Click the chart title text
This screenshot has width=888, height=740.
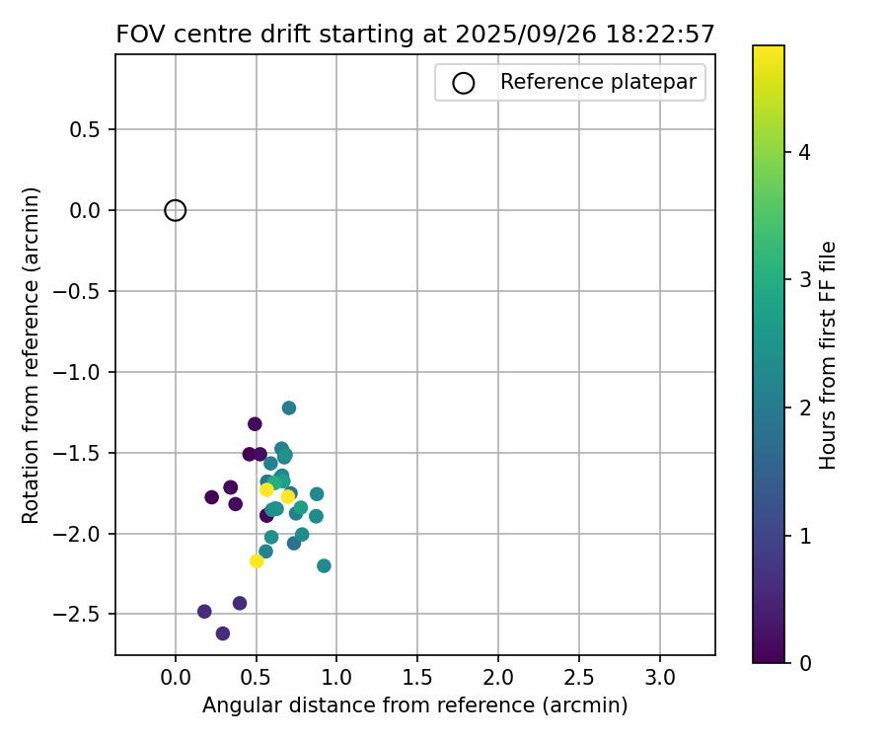point(414,35)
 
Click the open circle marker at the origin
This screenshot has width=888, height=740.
point(176,210)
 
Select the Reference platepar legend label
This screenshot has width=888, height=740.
point(598,83)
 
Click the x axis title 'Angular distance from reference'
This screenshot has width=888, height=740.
point(414,706)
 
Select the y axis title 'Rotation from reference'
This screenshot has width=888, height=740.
point(32,354)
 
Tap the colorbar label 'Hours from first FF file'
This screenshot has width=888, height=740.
point(828,354)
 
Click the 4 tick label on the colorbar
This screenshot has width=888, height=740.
point(804,152)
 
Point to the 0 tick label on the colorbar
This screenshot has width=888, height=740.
point(804,662)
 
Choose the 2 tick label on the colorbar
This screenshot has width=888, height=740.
point(804,407)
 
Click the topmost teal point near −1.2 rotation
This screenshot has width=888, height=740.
point(289,407)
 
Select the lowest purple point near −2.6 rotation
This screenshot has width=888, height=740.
point(223,633)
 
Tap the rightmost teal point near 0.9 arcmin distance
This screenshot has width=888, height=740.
point(324,565)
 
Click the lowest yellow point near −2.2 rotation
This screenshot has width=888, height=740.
point(257,560)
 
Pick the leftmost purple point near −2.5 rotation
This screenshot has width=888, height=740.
point(204,612)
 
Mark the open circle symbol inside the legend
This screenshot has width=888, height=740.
point(463,83)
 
